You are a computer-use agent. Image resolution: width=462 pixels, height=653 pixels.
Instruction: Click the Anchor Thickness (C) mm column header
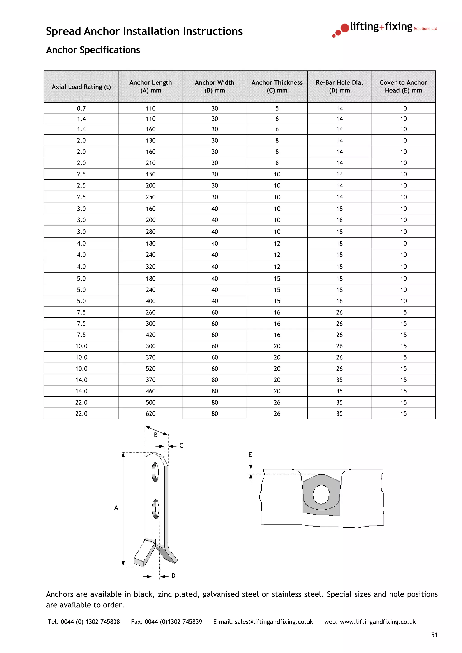(277, 87)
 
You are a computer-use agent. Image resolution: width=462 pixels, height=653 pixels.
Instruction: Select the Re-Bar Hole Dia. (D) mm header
(339, 87)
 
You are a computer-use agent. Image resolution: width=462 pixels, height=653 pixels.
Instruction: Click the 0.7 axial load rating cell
(81, 108)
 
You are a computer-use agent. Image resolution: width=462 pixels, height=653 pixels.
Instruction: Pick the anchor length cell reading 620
(151, 413)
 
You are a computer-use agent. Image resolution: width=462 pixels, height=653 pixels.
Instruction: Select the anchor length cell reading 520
(151, 369)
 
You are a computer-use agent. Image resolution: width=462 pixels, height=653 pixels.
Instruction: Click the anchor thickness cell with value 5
(277, 108)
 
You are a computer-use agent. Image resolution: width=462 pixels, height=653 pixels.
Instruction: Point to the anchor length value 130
(151, 141)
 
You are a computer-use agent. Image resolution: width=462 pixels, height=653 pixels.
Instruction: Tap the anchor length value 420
(151, 335)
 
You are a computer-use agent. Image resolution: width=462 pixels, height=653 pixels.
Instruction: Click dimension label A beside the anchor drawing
(116, 508)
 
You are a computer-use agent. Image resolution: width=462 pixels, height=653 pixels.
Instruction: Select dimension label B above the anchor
(155, 435)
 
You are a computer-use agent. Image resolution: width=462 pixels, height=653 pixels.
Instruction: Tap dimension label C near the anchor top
(181, 446)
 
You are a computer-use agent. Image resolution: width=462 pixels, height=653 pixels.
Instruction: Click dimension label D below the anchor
(173, 576)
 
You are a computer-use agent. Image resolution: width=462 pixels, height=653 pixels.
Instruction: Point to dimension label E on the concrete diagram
(250, 455)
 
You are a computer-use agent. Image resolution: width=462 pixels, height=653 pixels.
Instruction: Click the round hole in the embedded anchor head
(321, 494)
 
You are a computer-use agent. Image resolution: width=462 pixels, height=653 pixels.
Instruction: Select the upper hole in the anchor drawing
(155, 472)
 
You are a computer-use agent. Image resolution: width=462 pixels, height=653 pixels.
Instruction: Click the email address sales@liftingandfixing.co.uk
(274, 622)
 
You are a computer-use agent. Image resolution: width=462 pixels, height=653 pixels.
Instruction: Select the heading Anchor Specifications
(93, 50)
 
